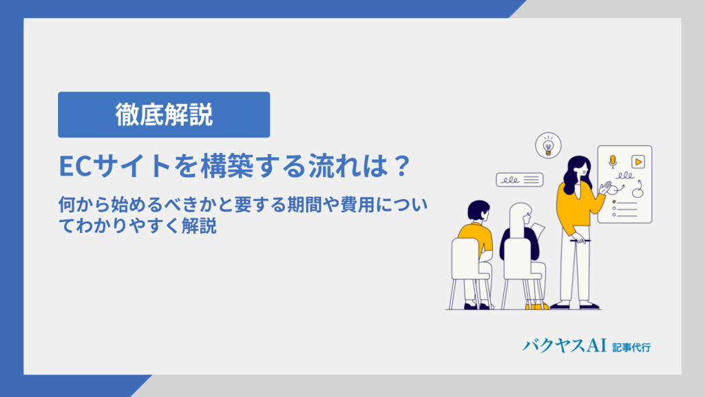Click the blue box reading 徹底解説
coord(164,115)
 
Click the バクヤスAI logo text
coord(565,346)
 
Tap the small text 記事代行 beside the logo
coord(631,347)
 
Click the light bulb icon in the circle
coord(548,146)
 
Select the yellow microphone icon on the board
coord(612,161)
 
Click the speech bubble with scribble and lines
coord(519,180)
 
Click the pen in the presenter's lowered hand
coord(580,241)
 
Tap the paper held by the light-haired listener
coord(538,231)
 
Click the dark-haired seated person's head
coord(478,211)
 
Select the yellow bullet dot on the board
coord(614,202)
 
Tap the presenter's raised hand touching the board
coord(605,187)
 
